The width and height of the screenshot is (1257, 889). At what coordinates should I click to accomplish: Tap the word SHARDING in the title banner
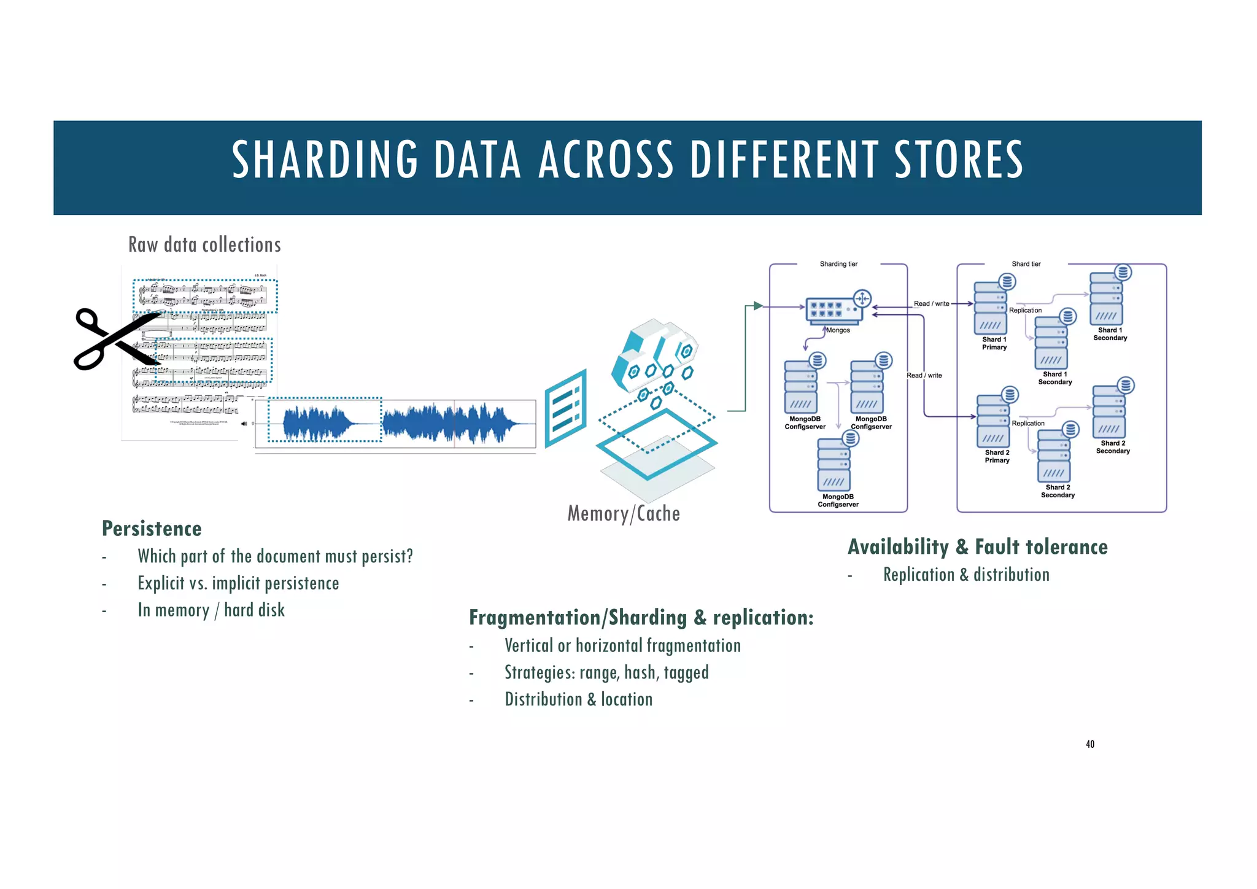coord(325,160)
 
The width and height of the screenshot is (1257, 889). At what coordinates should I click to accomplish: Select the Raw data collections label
coord(204,245)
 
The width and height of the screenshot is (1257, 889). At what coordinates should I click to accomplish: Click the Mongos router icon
coord(835,309)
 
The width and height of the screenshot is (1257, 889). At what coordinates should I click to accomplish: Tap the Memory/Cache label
coord(624,514)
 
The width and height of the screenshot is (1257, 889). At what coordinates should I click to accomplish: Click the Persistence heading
coord(152,529)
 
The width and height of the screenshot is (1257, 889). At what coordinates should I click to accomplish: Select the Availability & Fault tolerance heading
coord(978,547)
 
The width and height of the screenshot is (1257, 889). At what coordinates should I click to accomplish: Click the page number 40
coord(1090,744)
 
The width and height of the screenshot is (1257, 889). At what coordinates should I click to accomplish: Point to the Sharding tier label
coord(838,264)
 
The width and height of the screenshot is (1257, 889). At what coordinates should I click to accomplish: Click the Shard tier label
coord(1026,264)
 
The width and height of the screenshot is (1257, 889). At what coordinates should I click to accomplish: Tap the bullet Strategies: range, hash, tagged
coord(606,673)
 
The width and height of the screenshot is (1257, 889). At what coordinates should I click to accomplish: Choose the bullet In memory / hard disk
coord(211,610)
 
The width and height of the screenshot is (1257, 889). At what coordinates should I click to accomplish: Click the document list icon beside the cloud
coord(565,408)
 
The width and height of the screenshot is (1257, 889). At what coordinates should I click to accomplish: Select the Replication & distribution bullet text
coord(966,575)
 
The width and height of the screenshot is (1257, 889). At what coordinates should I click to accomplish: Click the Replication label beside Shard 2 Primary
coord(1028,424)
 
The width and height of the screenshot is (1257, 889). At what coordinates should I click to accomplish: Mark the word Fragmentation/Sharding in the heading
coord(578,618)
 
